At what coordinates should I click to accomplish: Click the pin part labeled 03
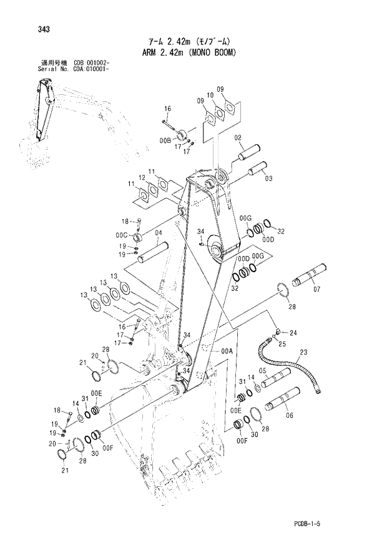tap(257, 169)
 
